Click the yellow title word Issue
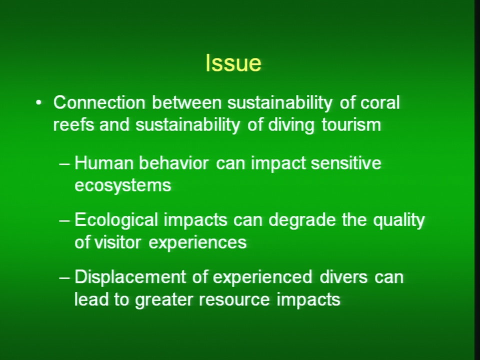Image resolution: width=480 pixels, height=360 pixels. (233, 63)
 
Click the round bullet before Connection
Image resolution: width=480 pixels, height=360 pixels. (38, 103)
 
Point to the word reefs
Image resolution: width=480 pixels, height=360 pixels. (73, 124)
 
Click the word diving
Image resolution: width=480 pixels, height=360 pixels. (291, 125)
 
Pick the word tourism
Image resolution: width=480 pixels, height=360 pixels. (351, 125)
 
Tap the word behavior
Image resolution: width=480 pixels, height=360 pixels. (173, 163)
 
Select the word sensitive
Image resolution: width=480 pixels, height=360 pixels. (346, 163)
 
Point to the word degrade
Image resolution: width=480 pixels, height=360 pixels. (302, 220)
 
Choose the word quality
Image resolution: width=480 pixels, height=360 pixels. (399, 220)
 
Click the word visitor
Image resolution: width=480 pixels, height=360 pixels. (117, 242)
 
